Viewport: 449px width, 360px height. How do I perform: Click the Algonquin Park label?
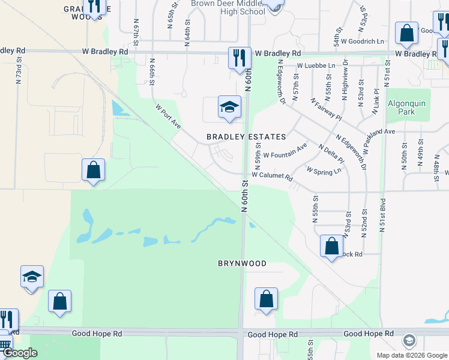[406, 107]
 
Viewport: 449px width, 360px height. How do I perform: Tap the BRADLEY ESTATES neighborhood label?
[246, 137]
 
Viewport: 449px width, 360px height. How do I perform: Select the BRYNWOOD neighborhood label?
[242, 263]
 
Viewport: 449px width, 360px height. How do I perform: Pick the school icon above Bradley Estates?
[229, 107]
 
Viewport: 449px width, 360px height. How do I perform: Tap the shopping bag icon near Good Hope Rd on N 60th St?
[266, 299]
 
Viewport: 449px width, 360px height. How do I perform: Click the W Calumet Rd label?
[272, 177]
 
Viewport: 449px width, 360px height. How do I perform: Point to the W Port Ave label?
[168, 116]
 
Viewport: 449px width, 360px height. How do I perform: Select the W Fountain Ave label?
[285, 150]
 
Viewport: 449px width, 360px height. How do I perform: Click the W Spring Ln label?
[324, 170]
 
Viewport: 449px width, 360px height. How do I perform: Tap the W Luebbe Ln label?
[316, 65]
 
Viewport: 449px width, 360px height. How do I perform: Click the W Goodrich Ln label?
[363, 41]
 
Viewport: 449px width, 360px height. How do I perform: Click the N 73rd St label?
[19, 70]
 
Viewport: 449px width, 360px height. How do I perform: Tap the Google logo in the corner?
[20, 353]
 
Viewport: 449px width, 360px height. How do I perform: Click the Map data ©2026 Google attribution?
[412, 355]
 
